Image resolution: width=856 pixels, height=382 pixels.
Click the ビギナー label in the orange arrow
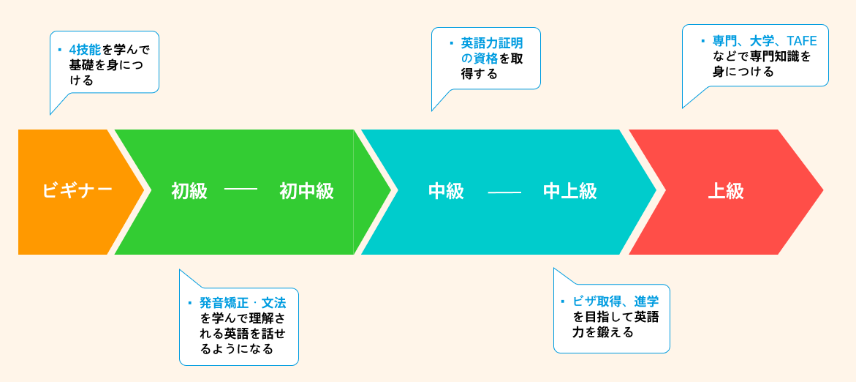(77, 191)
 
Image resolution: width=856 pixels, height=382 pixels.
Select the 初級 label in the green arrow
(189, 191)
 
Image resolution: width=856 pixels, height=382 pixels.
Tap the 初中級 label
(306, 191)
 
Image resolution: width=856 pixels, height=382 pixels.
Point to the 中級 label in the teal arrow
(446, 191)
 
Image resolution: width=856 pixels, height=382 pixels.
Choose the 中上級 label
(570, 191)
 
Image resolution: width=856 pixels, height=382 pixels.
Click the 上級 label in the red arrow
(726, 191)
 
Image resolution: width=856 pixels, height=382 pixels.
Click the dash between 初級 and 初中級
(240, 191)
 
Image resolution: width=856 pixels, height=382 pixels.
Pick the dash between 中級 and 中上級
(504, 192)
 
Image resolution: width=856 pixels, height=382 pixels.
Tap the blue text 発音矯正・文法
(243, 302)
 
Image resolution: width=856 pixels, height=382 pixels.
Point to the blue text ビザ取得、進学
(616, 301)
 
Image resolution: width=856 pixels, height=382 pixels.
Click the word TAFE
(802, 40)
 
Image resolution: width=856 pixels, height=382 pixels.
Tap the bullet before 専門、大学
(703, 41)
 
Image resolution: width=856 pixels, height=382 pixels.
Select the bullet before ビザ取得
(562, 301)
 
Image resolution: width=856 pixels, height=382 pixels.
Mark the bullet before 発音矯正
(189, 302)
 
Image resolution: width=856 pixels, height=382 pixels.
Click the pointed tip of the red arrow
(822, 191)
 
